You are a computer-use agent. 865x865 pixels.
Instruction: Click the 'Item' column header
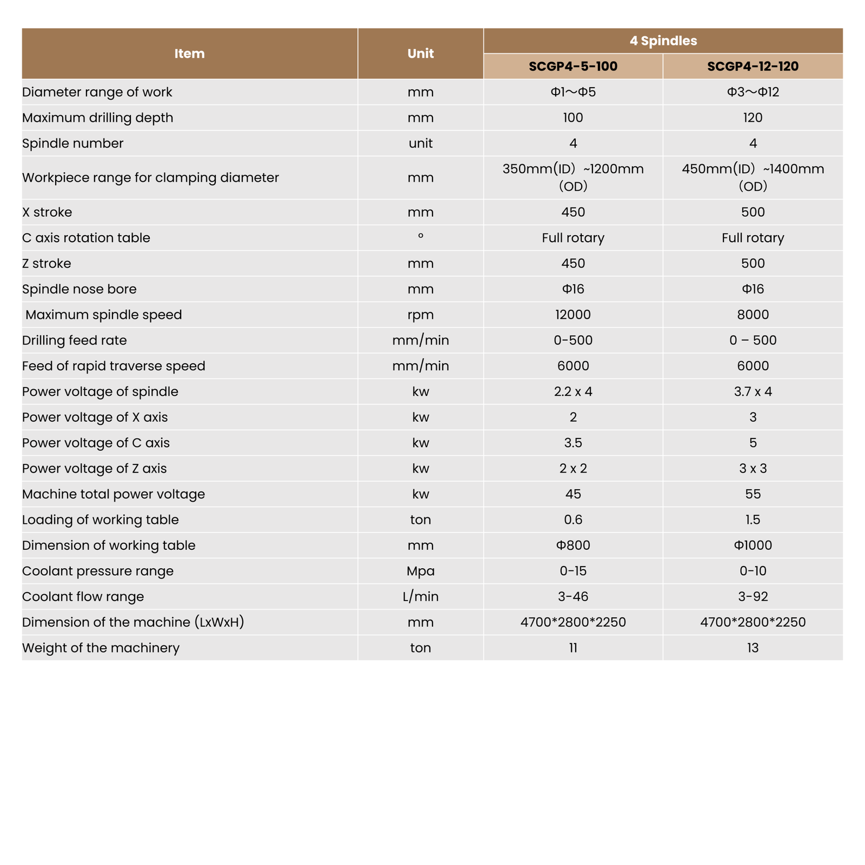coord(189,54)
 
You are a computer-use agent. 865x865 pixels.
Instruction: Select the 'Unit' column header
coord(420,54)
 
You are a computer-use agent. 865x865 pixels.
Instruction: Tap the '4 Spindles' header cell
coord(663,41)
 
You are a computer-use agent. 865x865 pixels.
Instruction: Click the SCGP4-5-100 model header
coord(573,66)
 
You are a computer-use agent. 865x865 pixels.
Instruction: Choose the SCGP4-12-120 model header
coord(753,66)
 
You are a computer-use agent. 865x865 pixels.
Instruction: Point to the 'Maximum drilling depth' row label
coord(97,118)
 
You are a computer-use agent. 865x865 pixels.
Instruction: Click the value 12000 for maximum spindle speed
coord(573,315)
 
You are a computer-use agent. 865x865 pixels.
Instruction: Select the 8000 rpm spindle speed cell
coord(753,315)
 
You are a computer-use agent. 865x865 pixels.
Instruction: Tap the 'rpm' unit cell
coord(420,315)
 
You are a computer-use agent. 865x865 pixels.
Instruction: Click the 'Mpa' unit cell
coord(420,571)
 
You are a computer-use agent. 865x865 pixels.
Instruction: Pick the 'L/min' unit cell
coord(420,597)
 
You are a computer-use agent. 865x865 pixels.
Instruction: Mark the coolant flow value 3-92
coord(753,597)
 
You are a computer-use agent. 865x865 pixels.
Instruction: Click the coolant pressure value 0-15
coord(573,571)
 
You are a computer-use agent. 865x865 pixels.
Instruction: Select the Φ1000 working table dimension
coord(753,545)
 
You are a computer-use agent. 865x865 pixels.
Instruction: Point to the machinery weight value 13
coord(753,648)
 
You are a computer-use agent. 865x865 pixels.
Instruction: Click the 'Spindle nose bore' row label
coord(79,289)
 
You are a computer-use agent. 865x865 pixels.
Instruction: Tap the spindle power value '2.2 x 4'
coord(573,391)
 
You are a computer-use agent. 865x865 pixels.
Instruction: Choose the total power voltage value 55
coord(753,494)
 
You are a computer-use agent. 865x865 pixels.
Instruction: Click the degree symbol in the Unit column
coord(420,236)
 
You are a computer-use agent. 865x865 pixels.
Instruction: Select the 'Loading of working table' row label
coord(100,520)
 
